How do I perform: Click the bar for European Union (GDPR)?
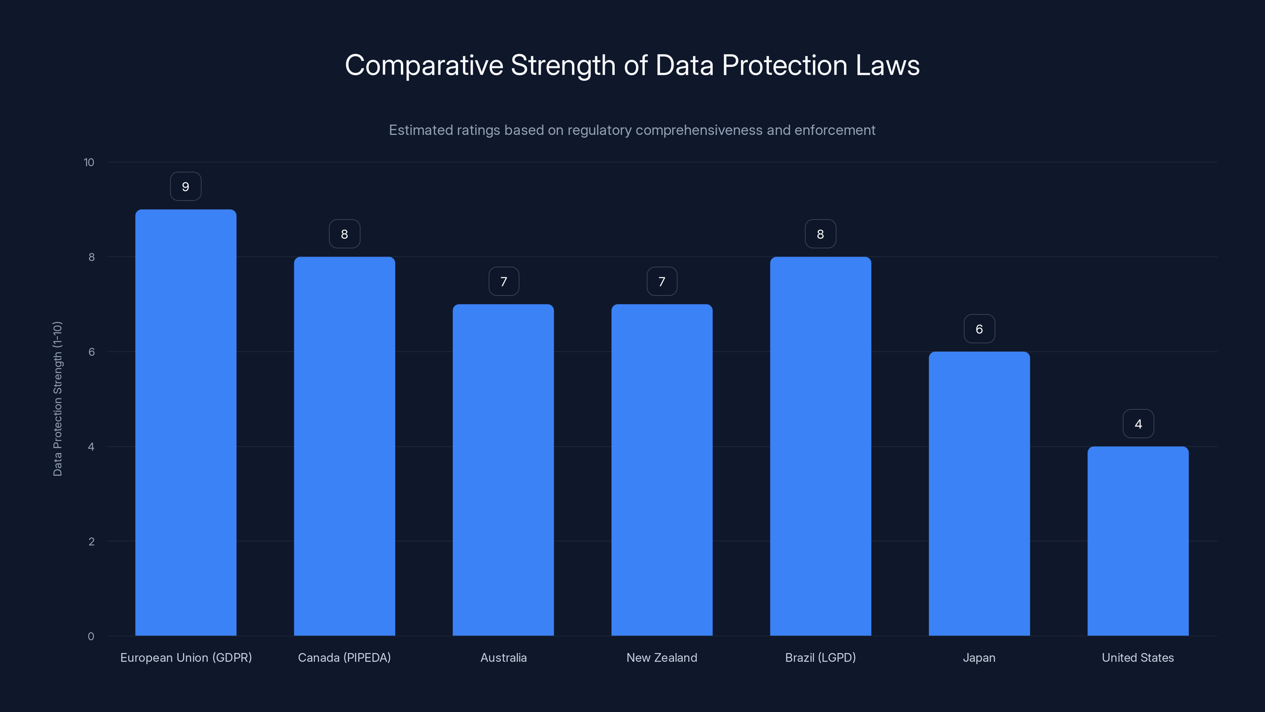click(186, 422)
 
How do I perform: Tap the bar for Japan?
click(979, 493)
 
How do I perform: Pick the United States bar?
click(1138, 540)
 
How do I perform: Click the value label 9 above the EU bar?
click(186, 187)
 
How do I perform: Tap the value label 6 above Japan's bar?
click(979, 329)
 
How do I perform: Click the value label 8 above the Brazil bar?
click(820, 235)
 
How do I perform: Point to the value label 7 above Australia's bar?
click(503, 282)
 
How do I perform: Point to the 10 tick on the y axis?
click(89, 163)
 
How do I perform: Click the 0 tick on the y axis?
click(91, 636)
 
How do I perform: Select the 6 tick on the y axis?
click(91, 352)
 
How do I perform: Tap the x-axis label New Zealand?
click(661, 657)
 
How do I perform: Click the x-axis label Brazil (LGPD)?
click(820, 657)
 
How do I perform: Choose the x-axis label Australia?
click(503, 657)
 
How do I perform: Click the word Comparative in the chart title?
click(424, 65)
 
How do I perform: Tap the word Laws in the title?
click(887, 65)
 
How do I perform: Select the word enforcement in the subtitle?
click(835, 130)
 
